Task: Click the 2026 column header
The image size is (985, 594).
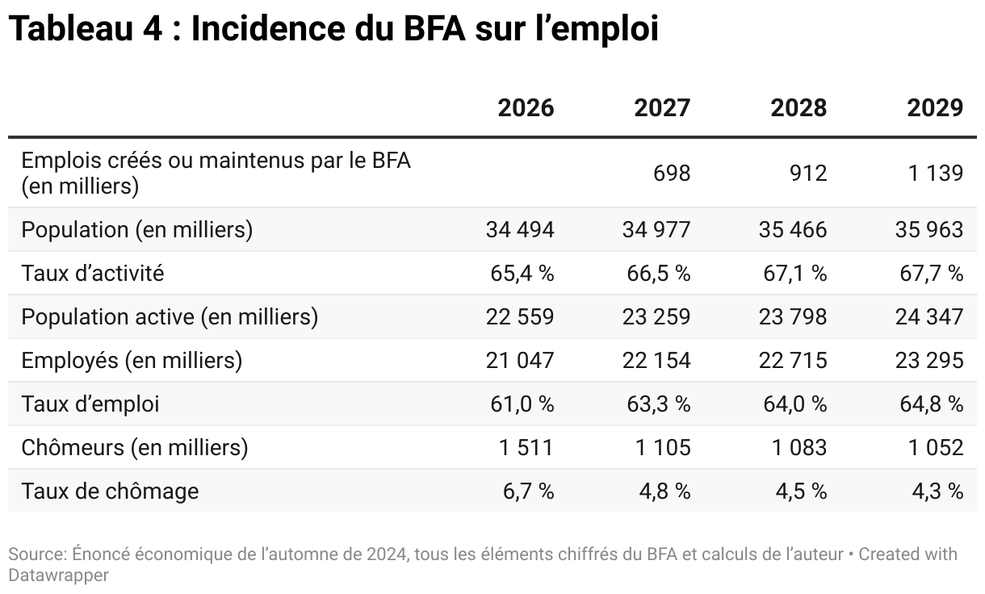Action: point(526,107)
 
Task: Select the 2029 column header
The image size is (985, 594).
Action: point(935,107)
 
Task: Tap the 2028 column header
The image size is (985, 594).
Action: point(798,107)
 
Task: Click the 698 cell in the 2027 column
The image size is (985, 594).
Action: point(672,174)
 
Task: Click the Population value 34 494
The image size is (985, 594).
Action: point(520,230)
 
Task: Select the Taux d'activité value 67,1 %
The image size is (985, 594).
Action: point(794,274)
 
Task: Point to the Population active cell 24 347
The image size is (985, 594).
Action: point(928,317)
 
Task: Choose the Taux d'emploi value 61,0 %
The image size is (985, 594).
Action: point(522,404)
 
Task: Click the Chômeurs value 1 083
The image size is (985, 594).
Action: point(799,448)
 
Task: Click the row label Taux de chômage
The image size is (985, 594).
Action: point(110,492)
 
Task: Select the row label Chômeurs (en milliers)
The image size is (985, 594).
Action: point(135,448)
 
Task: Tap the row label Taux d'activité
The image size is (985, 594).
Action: point(93,274)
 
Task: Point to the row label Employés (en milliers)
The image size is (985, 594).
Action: point(132,361)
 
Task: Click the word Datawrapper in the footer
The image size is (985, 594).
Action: point(58,575)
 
